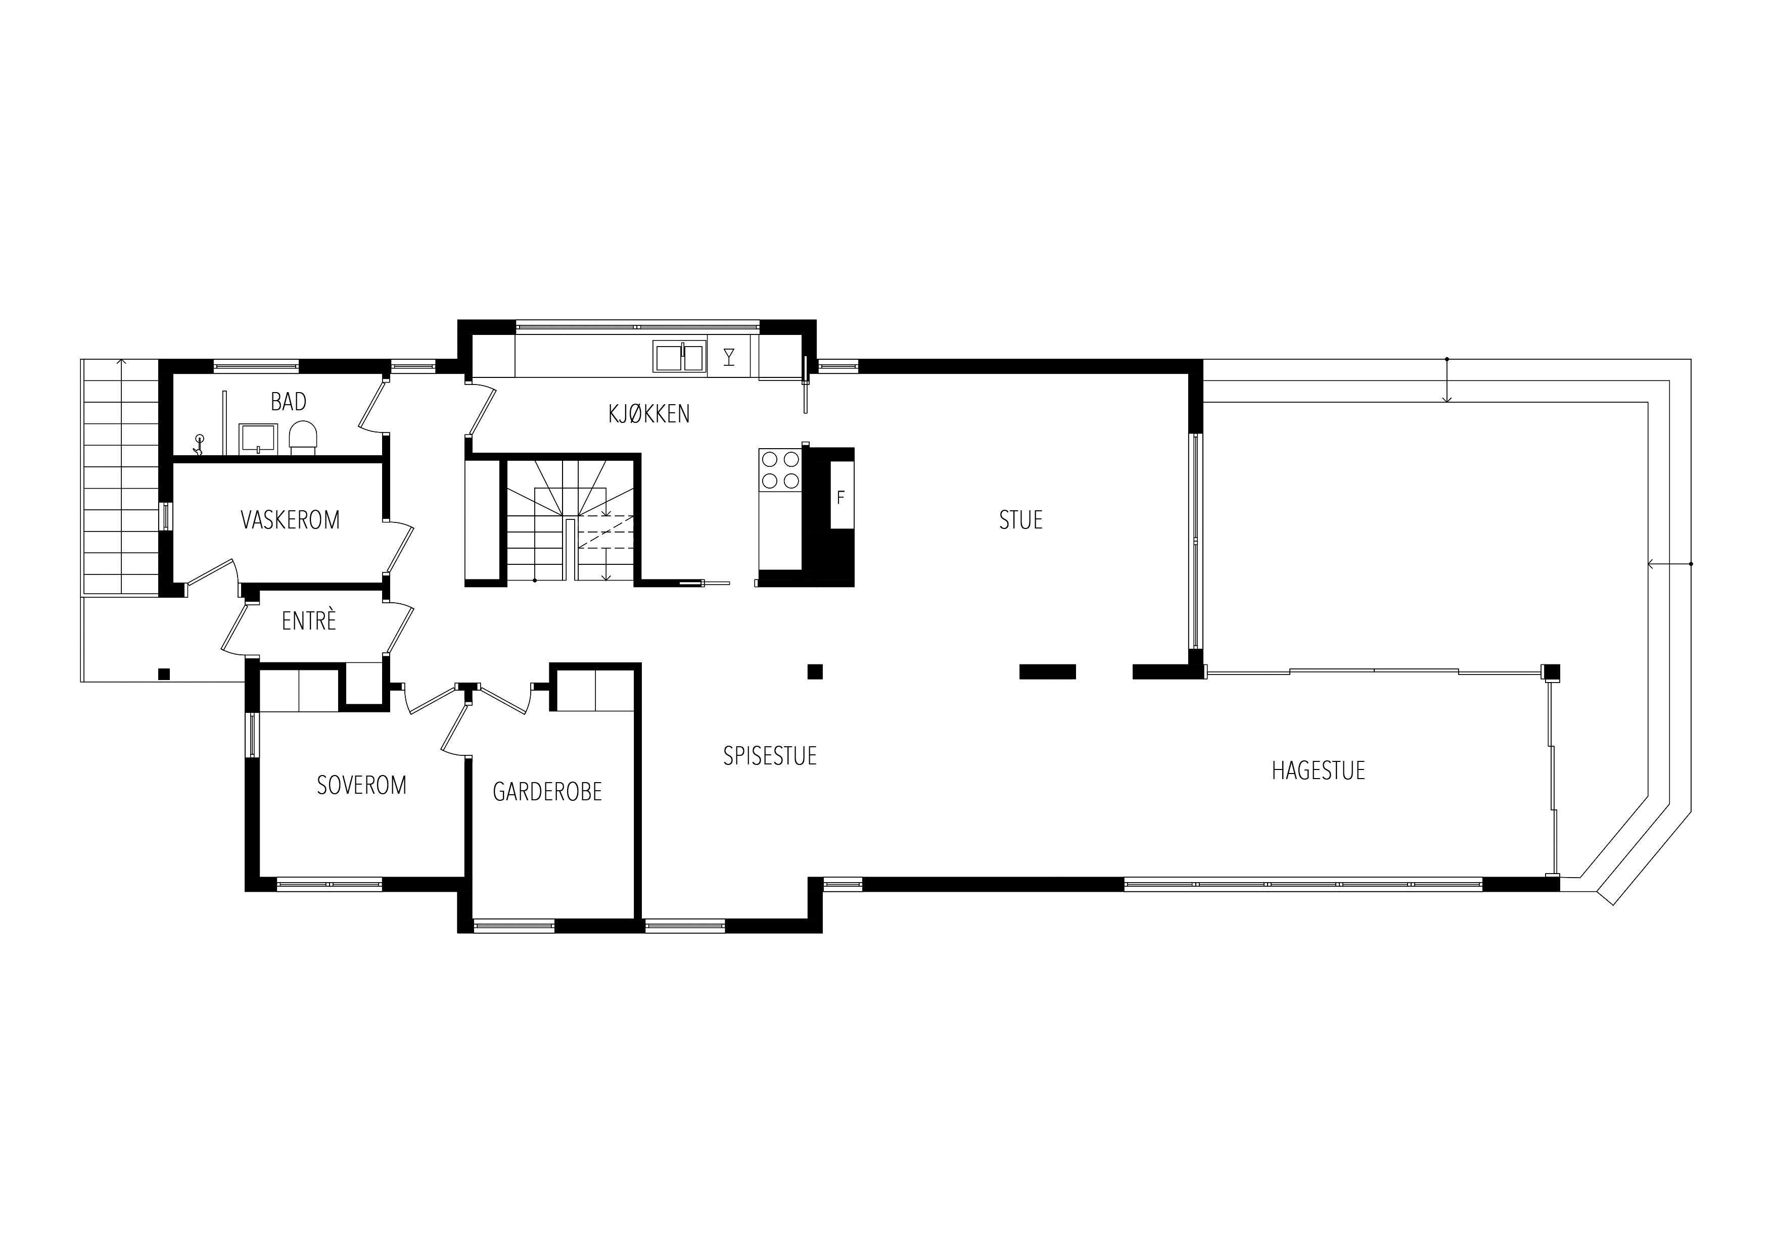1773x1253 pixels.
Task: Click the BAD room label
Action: coord(288,402)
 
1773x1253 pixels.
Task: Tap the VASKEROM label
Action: coord(290,520)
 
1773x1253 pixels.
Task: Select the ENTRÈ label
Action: coord(309,621)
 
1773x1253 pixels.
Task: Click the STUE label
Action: coord(1021,520)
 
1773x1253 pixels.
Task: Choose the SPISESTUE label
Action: coord(770,756)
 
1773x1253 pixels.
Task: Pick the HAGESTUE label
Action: coord(1318,770)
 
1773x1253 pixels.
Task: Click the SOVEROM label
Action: coord(361,785)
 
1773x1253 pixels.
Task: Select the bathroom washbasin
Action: coord(258,438)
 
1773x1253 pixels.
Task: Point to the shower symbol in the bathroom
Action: coord(199,445)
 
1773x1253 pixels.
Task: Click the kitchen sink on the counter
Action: coord(680,357)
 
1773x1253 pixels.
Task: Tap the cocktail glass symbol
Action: coord(728,357)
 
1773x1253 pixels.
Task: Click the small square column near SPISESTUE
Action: coord(815,671)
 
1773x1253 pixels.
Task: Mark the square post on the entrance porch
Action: coord(164,674)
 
